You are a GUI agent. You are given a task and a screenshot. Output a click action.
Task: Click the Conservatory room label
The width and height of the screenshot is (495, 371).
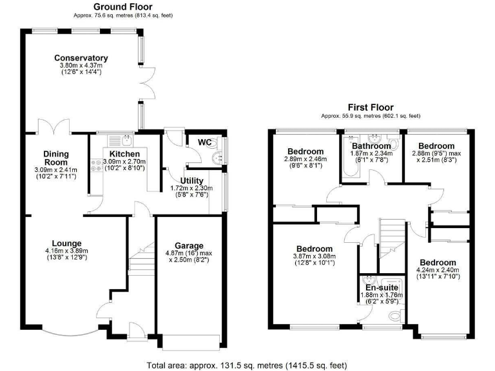click(x=81, y=58)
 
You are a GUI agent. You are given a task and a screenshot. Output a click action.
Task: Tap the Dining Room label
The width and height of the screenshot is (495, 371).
click(x=56, y=158)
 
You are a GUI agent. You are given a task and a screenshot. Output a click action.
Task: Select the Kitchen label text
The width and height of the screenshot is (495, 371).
click(x=124, y=154)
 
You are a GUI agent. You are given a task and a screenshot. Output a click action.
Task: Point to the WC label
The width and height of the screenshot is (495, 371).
click(x=204, y=142)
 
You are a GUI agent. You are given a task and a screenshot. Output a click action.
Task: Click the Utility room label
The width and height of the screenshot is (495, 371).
click(x=191, y=180)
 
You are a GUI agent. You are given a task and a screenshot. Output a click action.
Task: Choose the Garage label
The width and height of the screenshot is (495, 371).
click(x=189, y=245)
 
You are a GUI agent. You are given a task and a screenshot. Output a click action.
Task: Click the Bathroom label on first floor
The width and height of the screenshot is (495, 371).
click(x=370, y=146)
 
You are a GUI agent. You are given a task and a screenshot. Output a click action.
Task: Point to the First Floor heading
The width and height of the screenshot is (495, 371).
click(x=371, y=108)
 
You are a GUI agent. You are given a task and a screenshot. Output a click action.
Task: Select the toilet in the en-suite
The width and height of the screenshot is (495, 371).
click(x=395, y=316)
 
